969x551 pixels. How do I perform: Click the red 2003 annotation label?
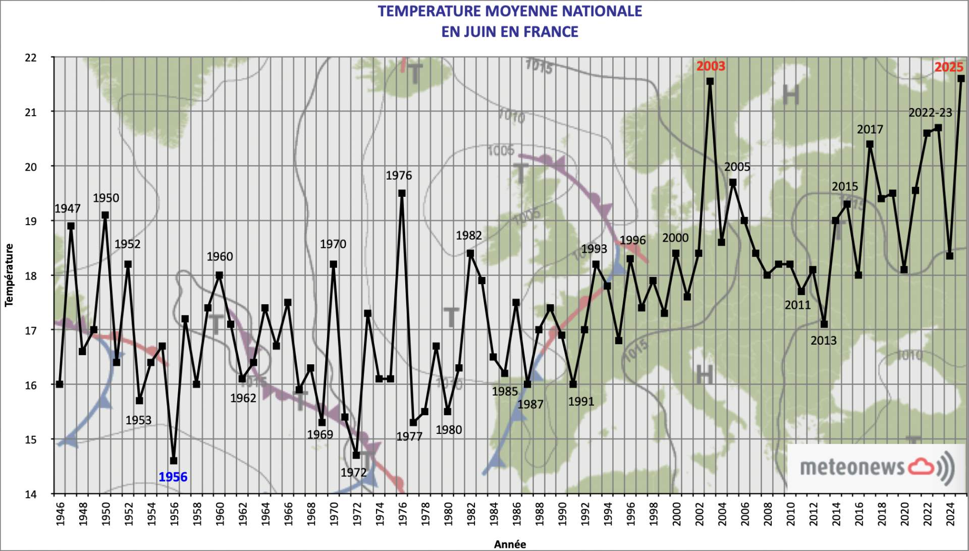coord(710,66)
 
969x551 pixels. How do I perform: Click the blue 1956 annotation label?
coord(173,477)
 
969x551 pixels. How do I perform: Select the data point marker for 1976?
coord(402,193)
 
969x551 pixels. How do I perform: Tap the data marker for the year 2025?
coord(961,79)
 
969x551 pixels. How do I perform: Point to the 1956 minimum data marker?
coord(174,461)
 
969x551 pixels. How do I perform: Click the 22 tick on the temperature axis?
coord(31,58)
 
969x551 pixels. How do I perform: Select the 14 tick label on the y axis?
coord(31,494)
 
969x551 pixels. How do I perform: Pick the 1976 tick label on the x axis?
coord(403,513)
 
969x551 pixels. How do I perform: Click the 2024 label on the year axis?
coord(950,513)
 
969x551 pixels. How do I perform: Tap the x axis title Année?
coord(510,544)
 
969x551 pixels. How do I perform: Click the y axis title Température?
coord(9,275)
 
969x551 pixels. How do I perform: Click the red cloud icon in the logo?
coord(921,466)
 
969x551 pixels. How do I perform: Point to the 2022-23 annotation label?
coord(930,113)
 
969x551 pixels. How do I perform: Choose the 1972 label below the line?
coord(353,472)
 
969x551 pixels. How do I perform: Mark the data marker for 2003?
coord(710,81)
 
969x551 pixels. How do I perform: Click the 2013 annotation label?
coord(823,341)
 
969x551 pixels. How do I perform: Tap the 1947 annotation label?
coord(67,208)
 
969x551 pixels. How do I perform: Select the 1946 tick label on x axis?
coord(61,513)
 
